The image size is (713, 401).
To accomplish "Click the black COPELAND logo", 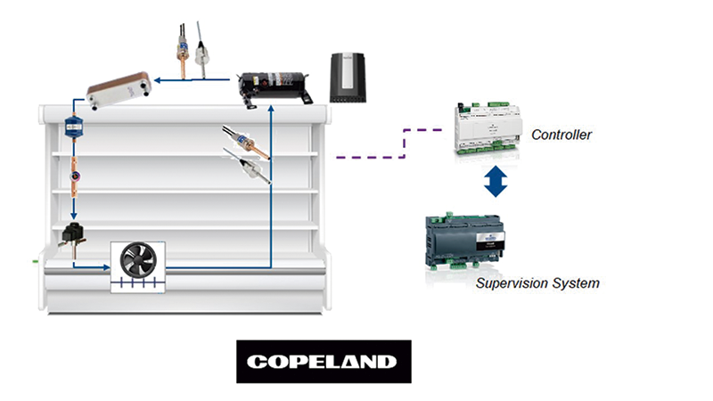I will pyautogui.click(x=324, y=361).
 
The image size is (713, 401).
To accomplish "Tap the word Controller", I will pyautogui.click(x=561, y=135).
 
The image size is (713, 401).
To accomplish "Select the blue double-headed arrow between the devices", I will pyautogui.click(x=496, y=181).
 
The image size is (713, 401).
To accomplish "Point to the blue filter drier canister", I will pyautogui.click(x=73, y=130).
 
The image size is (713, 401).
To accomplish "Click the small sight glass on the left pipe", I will pyautogui.click(x=74, y=167).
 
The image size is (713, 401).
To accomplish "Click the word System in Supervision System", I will pyautogui.click(x=576, y=283).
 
